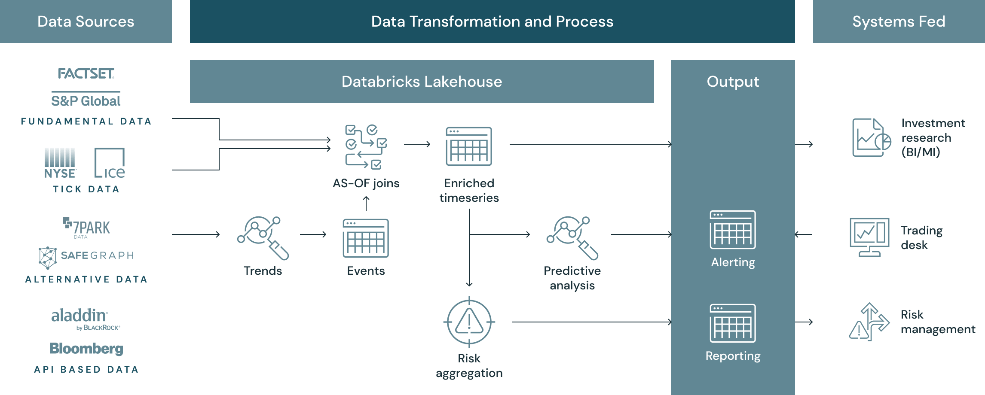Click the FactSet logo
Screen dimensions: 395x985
point(86,73)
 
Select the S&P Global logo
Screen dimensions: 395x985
point(86,100)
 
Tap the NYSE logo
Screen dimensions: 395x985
point(60,163)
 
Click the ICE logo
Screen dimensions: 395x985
point(110,163)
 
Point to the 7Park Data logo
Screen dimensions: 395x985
point(86,228)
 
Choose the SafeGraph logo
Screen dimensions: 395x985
point(86,256)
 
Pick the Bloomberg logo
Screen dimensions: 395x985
point(86,348)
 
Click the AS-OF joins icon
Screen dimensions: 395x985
point(366,146)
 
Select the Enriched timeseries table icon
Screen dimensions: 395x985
point(469,146)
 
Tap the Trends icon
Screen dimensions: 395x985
point(263,237)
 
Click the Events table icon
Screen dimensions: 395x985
point(366,238)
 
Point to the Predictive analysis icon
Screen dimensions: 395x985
point(572,237)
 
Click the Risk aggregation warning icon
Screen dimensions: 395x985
point(469,322)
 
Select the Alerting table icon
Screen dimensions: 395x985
point(733,230)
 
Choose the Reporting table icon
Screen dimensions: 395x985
point(733,323)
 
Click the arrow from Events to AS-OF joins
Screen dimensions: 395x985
point(366,204)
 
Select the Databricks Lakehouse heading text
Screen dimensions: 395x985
point(422,82)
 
